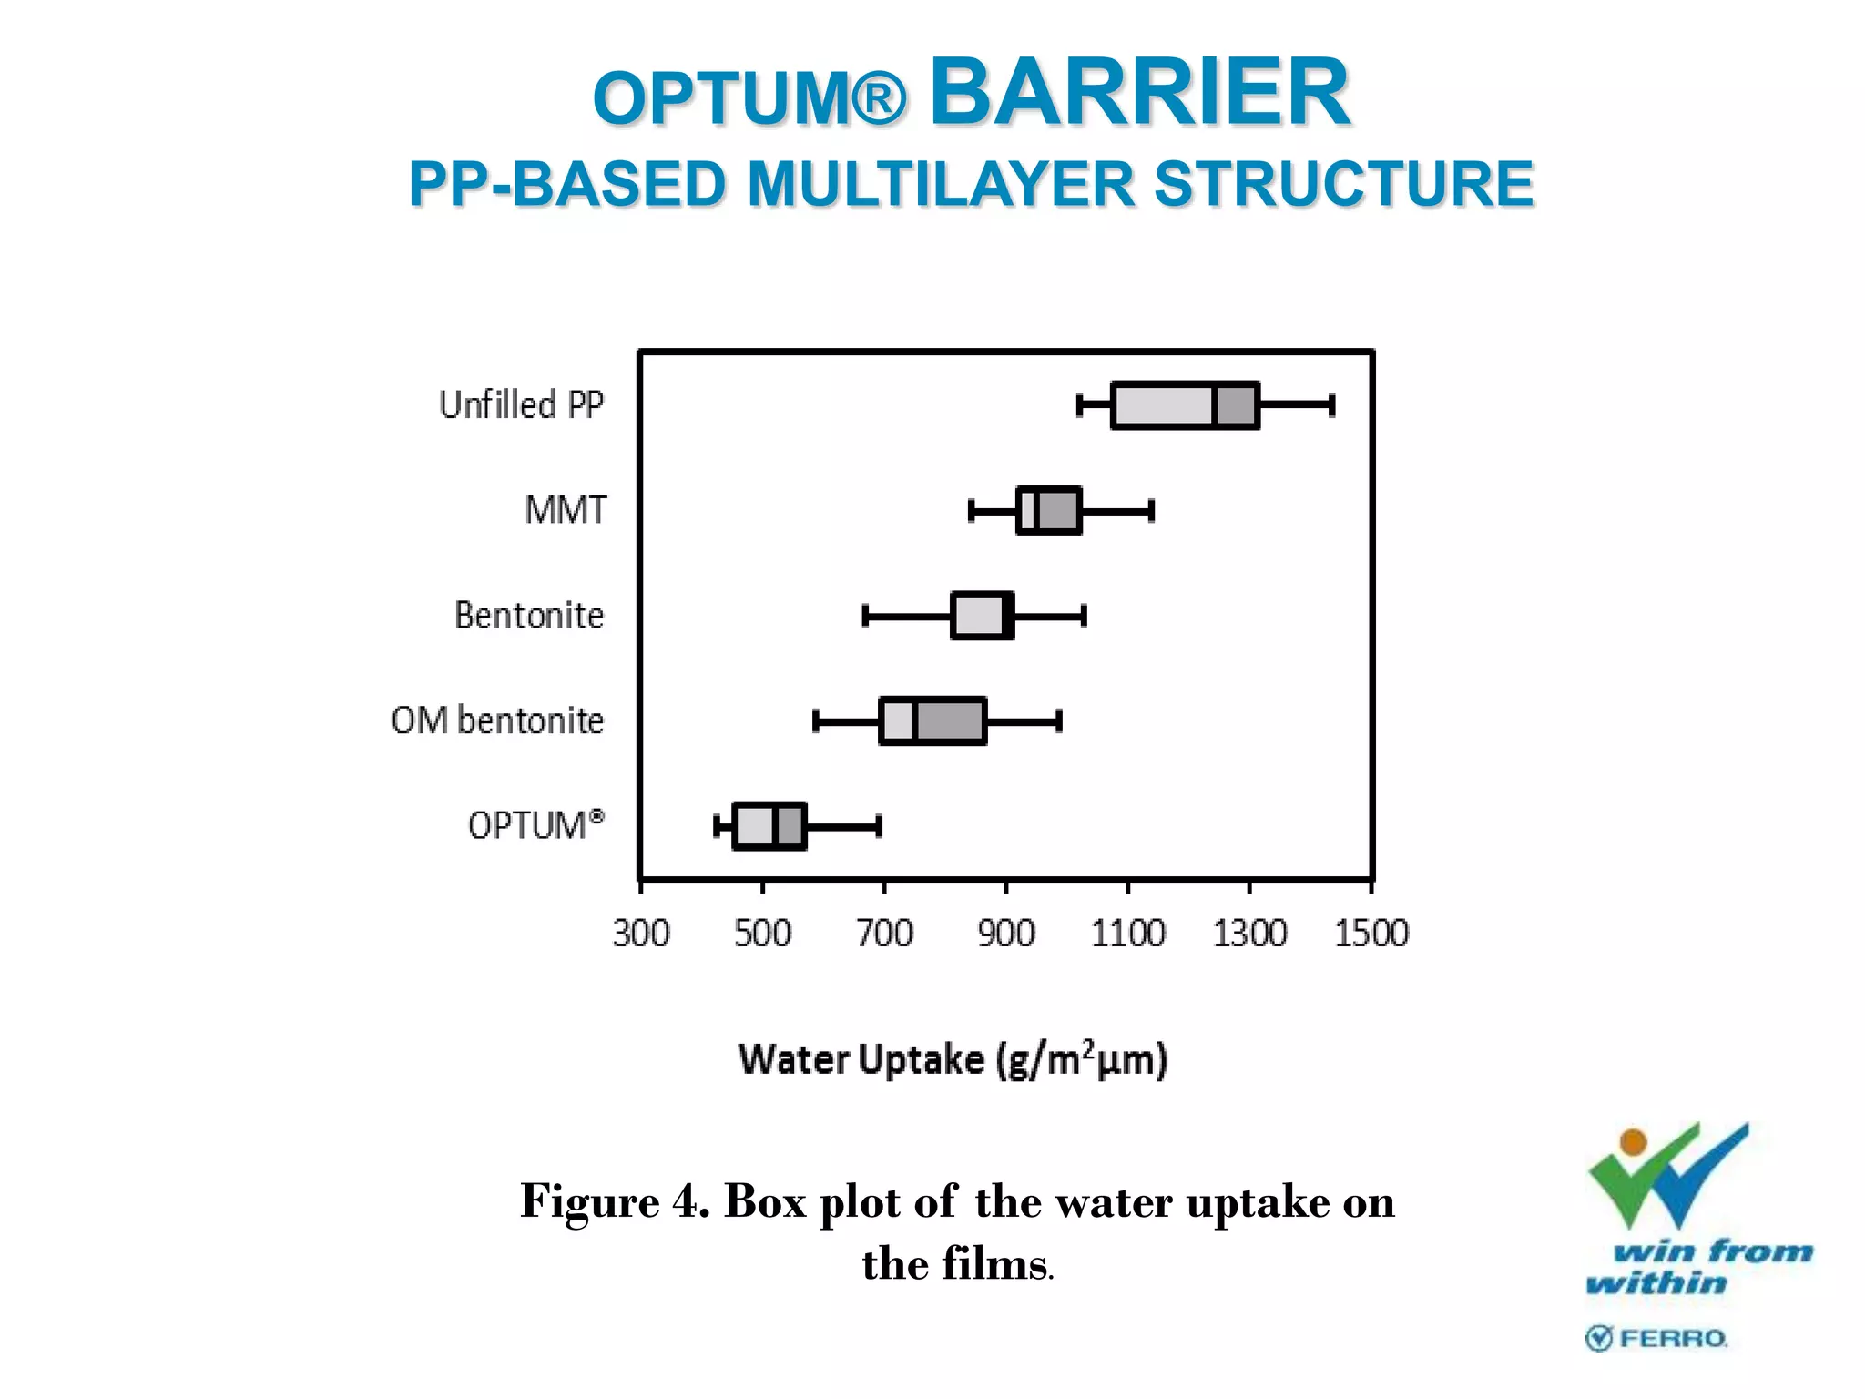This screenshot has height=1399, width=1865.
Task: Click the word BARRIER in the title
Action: pyautogui.click(x=1139, y=92)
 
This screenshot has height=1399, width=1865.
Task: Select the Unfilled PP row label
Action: pyautogui.click(x=521, y=405)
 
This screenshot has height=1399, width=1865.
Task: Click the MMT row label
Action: pyautogui.click(x=565, y=510)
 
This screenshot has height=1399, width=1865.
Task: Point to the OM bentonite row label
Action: pyautogui.click(x=497, y=720)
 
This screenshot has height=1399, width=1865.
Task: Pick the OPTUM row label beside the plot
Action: pyautogui.click(x=535, y=825)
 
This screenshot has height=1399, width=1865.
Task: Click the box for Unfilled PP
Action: pyautogui.click(x=1184, y=405)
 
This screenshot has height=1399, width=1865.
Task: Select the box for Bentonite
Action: pyautogui.click(x=982, y=616)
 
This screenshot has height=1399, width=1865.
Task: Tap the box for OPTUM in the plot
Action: pyautogui.click(x=769, y=826)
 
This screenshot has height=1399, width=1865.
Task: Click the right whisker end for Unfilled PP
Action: pyautogui.click(x=1332, y=405)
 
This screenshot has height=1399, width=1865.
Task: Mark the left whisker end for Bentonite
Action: pyautogui.click(x=865, y=616)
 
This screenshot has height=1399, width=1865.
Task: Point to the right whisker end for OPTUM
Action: pyautogui.click(x=879, y=826)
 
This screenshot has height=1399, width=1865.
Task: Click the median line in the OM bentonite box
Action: pyautogui.click(x=914, y=721)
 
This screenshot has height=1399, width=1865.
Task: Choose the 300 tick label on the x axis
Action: pyautogui.click(x=641, y=934)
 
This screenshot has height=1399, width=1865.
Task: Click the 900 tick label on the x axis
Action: pyautogui.click(x=1006, y=934)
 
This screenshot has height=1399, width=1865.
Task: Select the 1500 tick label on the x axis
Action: pyautogui.click(x=1371, y=934)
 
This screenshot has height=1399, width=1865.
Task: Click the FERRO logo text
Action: pyautogui.click(x=1673, y=1338)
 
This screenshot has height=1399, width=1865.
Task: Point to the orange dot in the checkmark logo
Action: pyautogui.click(x=1634, y=1141)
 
